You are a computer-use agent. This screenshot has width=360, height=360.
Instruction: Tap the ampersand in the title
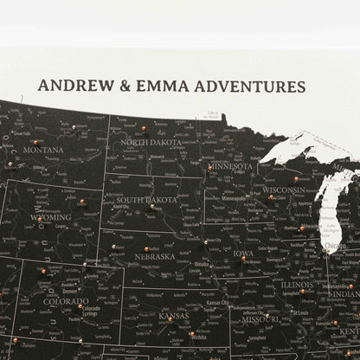click(x=120, y=87)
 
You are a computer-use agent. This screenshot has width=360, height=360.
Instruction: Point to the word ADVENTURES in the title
click(x=249, y=87)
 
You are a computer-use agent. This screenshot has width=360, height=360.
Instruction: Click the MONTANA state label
click(x=43, y=150)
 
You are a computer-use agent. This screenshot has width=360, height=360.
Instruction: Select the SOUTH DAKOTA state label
click(x=146, y=200)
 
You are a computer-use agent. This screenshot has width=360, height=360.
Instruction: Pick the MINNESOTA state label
click(x=230, y=166)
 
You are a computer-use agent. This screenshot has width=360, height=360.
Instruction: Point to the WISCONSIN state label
click(x=283, y=190)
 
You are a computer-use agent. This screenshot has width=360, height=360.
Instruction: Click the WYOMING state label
click(x=50, y=218)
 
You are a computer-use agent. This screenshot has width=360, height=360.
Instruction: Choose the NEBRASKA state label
click(x=154, y=256)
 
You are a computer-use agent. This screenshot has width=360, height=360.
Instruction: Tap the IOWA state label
click(x=243, y=254)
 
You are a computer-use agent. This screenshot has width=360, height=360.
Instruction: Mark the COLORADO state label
click(x=66, y=301)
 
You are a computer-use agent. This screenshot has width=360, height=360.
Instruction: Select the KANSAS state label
click(x=173, y=316)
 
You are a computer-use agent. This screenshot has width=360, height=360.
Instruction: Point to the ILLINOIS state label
click(x=296, y=284)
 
